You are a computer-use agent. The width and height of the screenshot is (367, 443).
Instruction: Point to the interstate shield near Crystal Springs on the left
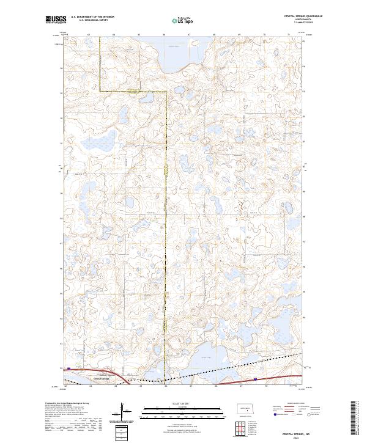coord(69,368)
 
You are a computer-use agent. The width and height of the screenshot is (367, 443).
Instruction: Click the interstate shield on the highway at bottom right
coord(256,379)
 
